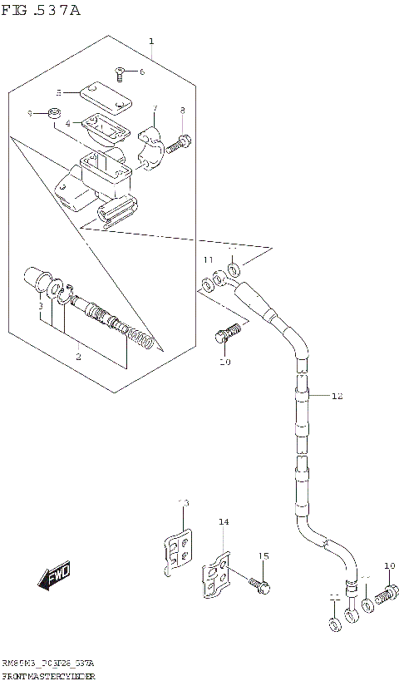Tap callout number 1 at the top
click(150, 41)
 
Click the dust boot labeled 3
click(38, 279)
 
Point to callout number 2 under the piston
click(78, 357)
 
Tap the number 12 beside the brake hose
click(337, 396)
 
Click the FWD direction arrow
click(54, 575)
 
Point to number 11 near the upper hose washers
click(208, 260)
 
